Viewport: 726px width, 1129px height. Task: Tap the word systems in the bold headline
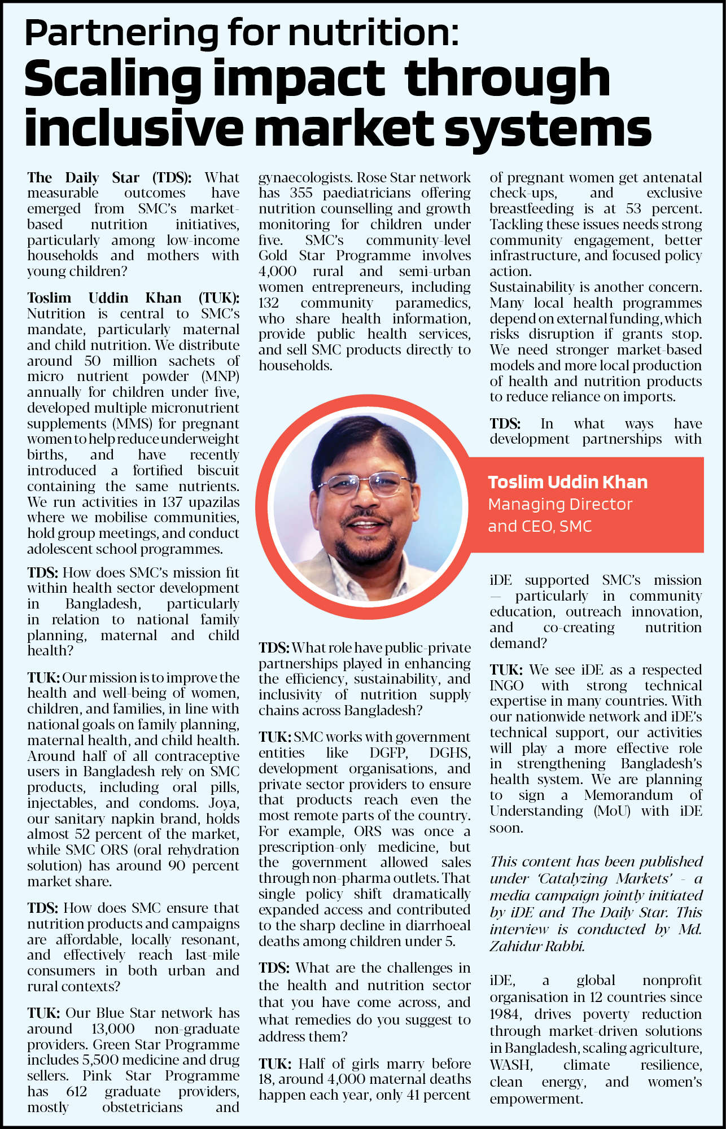tap(548, 129)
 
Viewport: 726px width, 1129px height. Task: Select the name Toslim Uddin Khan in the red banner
tap(567, 482)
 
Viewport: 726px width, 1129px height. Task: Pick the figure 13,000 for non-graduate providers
tap(113, 1029)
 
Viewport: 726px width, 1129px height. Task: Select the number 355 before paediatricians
tap(301, 193)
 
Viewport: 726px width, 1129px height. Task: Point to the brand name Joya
tap(224, 803)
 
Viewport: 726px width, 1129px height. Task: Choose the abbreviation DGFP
tap(388, 753)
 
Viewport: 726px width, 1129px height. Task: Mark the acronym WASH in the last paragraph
tap(511, 1065)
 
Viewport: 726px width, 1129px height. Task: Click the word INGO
tap(506, 686)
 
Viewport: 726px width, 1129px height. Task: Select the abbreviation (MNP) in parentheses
tap(220, 377)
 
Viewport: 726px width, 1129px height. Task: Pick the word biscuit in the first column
tap(218, 471)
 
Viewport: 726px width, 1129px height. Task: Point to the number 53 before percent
tap(633, 209)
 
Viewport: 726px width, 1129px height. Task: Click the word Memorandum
tap(628, 795)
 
